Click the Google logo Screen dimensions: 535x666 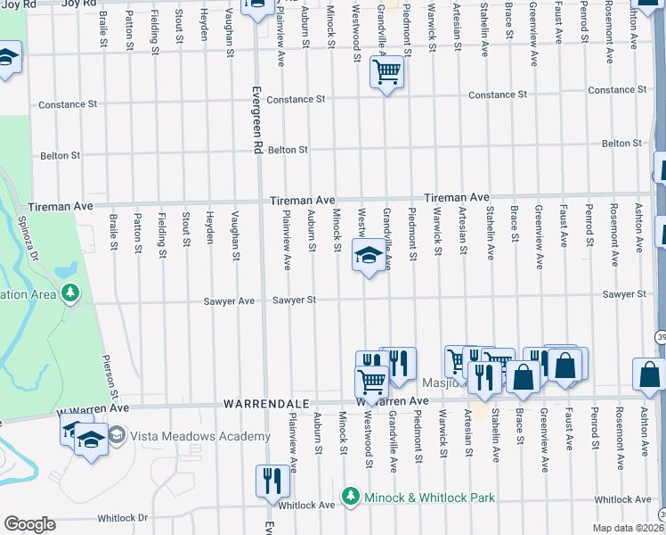[x=29, y=524]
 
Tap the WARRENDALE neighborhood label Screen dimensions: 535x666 [x=259, y=405]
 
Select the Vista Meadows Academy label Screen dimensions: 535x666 [x=200, y=436]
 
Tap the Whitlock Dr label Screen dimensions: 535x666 [x=123, y=517]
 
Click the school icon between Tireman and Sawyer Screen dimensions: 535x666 [x=367, y=257]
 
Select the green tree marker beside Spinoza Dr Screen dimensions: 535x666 [x=69, y=292]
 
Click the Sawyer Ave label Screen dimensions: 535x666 [x=235, y=301]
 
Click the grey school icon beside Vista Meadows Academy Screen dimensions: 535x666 [x=116, y=435]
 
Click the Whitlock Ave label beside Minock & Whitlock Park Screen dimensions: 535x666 [x=306, y=505]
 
